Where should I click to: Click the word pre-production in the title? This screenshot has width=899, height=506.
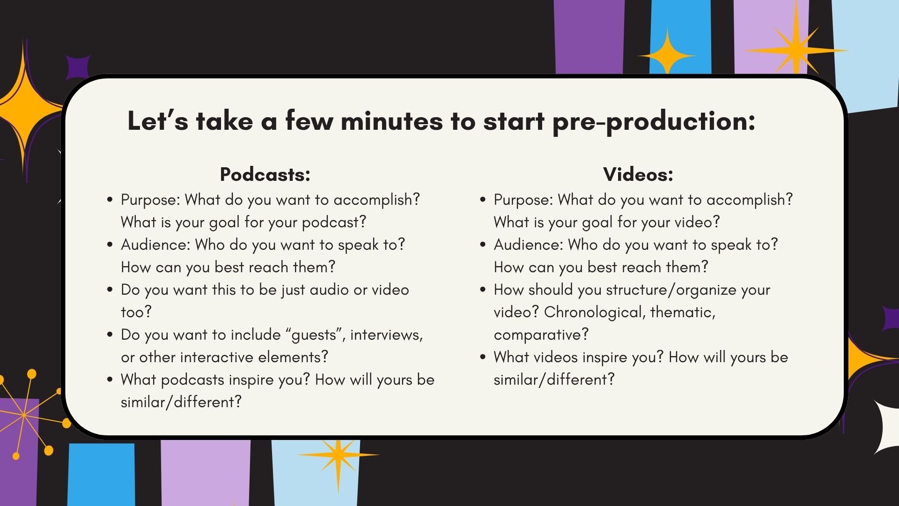[x=654, y=121]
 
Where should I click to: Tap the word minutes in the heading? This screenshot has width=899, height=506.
[x=391, y=121]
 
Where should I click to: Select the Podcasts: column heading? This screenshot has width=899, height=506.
[x=265, y=174]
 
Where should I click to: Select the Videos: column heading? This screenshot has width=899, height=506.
[x=638, y=174]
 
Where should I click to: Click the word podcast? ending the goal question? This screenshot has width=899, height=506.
[x=334, y=222]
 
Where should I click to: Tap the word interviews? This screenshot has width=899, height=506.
[x=386, y=335]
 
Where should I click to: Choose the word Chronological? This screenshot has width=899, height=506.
[x=594, y=312]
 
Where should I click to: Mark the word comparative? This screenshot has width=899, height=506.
[x=541, y=335]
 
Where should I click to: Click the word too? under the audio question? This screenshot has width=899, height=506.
[x=136, y=312]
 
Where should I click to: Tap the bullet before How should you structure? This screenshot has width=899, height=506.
[x=483, y=290]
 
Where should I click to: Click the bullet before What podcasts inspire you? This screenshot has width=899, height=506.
[x=110, y=379]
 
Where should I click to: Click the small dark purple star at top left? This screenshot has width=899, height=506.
[x=77, y=67]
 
